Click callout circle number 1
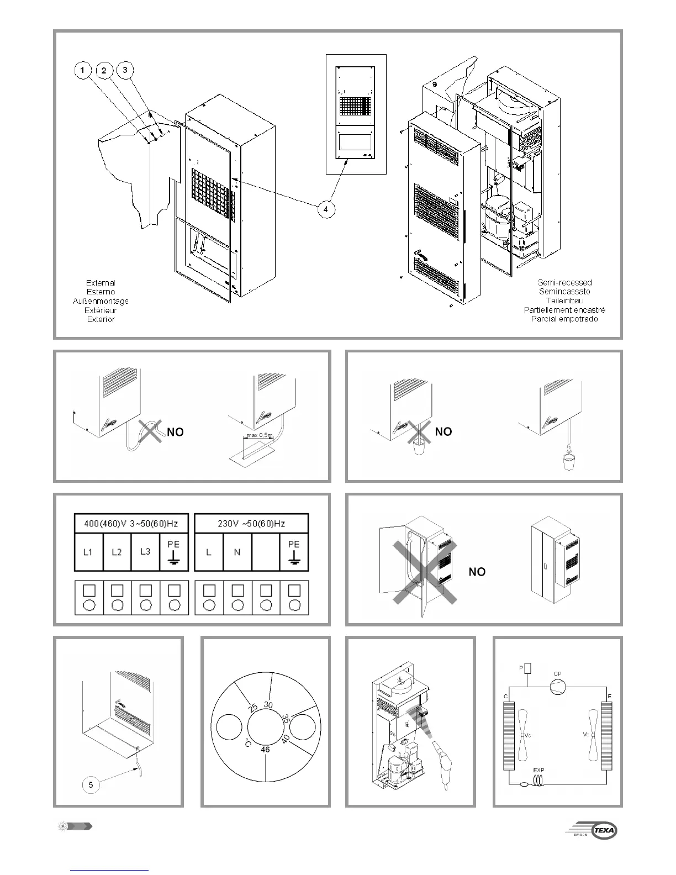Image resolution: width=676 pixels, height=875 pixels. [83, 70]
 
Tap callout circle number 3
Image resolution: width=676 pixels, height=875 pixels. [125, 70]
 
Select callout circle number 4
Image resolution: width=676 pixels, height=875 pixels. [326, 209]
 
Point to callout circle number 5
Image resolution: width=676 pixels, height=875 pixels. [91, 784]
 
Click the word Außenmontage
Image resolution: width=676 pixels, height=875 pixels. [101, 301]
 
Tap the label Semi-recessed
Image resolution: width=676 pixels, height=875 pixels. [564, 282]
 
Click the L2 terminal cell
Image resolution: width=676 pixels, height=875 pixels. [117, 552]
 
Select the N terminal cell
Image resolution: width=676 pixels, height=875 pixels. [237, 552]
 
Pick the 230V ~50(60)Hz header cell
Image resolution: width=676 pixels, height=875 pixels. [252, 523]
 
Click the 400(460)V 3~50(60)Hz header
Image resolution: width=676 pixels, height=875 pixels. [131, 523]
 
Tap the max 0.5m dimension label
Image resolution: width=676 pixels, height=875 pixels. [259, 435]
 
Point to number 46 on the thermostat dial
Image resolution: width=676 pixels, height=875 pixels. [265, 750]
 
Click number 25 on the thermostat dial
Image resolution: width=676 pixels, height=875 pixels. [253, 708]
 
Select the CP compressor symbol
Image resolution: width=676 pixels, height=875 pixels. [558, 687]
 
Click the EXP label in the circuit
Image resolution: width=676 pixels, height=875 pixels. [538, 769]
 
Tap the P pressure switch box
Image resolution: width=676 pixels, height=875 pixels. [528, 668]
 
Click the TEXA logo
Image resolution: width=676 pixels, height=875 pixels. [604, 830]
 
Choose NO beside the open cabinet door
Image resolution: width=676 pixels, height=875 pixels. [477, 572]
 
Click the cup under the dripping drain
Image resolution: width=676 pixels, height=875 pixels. [568, 463]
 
